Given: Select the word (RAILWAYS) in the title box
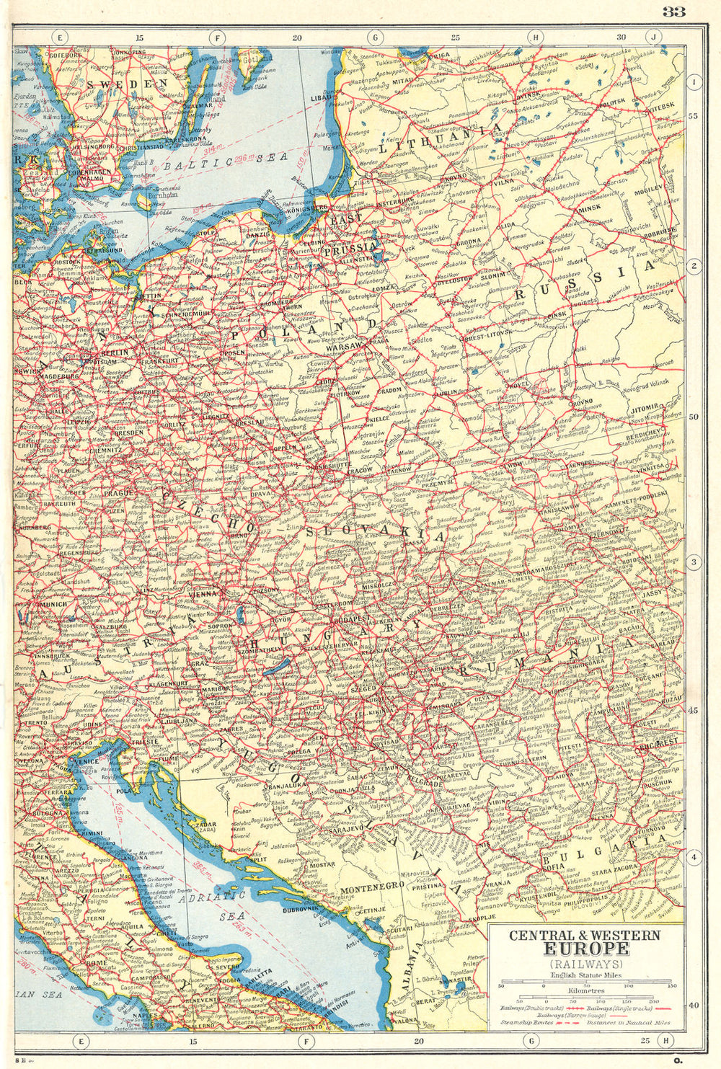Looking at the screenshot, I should [585, 964].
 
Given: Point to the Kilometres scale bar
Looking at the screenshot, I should [585, 997].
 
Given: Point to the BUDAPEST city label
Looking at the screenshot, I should [350, 618].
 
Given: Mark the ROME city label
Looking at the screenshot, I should [95, 962].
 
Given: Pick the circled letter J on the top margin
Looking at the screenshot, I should [653, 36].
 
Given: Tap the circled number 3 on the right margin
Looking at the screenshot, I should [694, 562].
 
